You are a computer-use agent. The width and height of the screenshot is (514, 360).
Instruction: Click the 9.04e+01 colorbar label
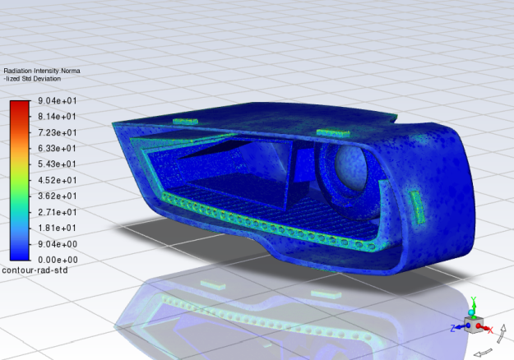tap(57, 100)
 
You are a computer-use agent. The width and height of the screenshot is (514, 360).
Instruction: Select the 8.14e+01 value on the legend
tap(57, 116)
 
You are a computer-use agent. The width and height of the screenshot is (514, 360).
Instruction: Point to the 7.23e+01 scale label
tap(57, 132)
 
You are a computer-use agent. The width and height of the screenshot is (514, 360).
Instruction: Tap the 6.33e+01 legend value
tap(57, 148)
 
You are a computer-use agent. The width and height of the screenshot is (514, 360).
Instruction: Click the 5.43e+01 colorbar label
tap(57, 164)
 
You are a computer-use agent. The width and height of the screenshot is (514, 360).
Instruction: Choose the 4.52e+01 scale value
tap(57, 180)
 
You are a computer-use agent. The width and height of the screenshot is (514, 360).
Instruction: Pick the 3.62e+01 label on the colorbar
tap(57, 196)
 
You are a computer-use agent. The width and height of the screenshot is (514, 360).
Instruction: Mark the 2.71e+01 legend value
tap(57, 212)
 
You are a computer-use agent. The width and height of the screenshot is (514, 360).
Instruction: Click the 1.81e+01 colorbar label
tap(57, 228)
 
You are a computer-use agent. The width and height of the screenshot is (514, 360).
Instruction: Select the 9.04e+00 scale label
tap(57, 244)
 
